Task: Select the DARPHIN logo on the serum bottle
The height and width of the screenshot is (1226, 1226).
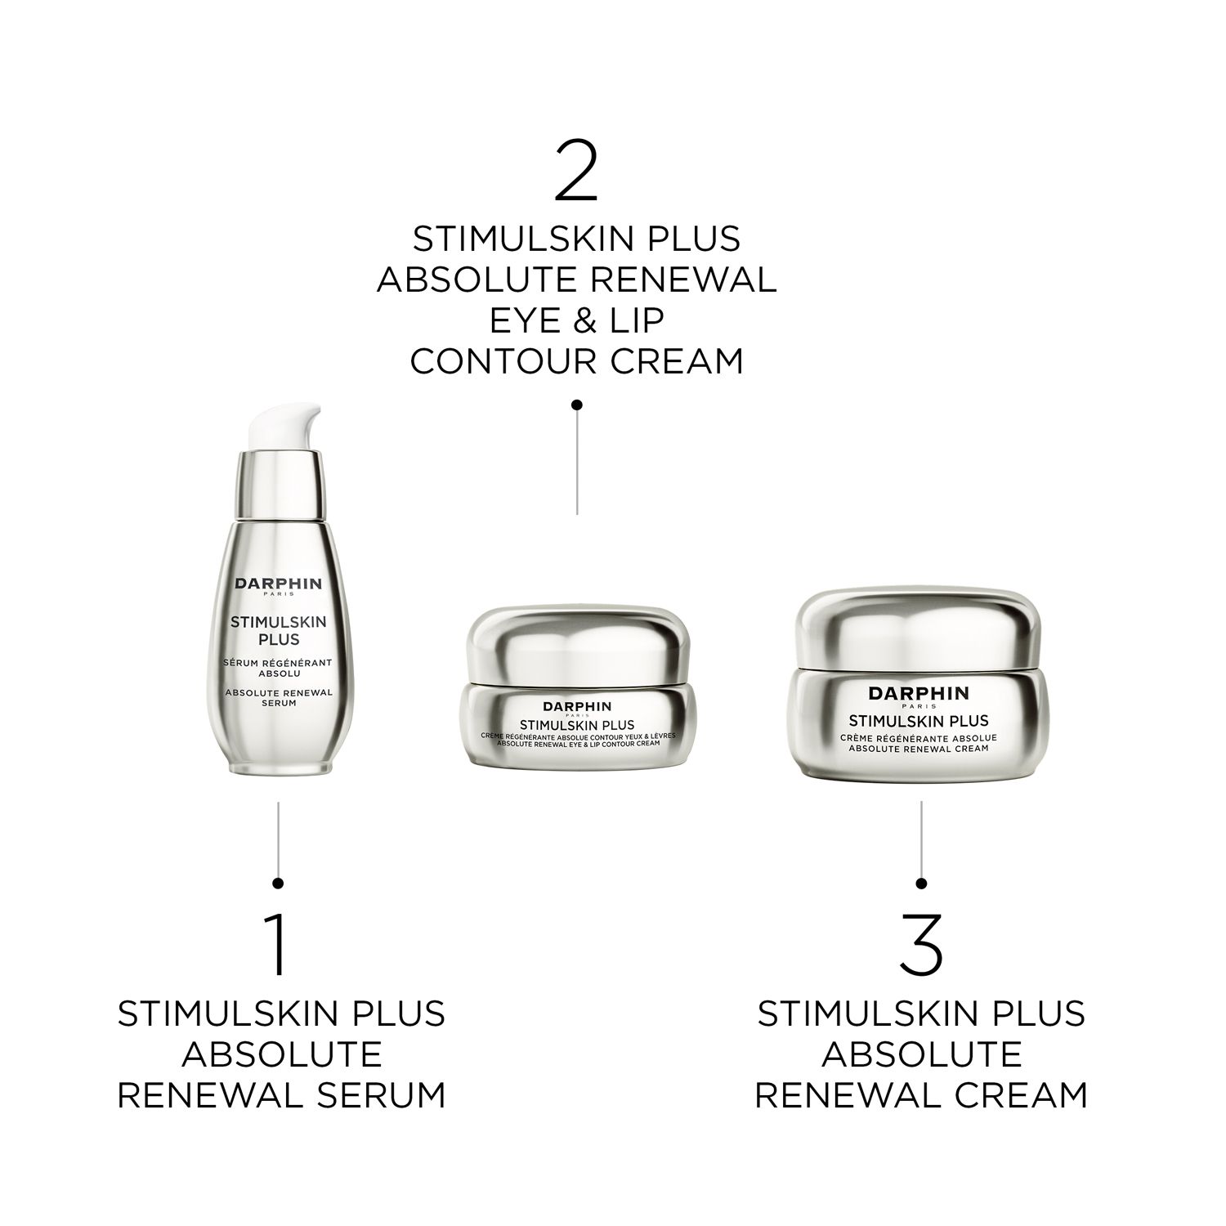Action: click(279, 584)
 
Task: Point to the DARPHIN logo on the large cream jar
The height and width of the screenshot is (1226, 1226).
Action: click(919, 693)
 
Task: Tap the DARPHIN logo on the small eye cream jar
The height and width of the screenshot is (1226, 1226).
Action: click(577, 706)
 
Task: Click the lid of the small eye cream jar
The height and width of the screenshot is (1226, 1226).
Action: click(576, 641)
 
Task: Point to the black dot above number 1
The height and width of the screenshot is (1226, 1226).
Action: click(278, 882)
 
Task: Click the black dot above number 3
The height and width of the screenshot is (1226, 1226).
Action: click(921, 883)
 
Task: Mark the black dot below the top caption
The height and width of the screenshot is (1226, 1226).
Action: click(576, 404)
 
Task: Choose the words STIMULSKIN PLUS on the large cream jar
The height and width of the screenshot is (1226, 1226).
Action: click(919, 721)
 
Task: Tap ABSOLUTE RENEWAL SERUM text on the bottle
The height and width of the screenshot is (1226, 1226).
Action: click(279, 697)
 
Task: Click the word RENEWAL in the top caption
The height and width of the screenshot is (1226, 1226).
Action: click(682, 280)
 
